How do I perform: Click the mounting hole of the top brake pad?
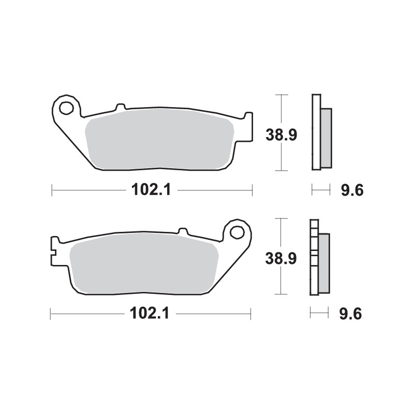tap(66, 109)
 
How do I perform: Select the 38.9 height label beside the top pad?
tap(281, 136)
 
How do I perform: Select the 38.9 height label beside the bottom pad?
tap(281, 258)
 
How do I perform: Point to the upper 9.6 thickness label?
tap(352, 191)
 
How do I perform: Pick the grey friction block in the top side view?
tap(326, 138)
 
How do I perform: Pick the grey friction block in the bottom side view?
tap(323, 261)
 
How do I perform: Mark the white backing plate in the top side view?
tap(316, 132)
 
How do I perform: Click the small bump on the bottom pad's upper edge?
tap(183, 230)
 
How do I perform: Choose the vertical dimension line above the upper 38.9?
tap(281, 110)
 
